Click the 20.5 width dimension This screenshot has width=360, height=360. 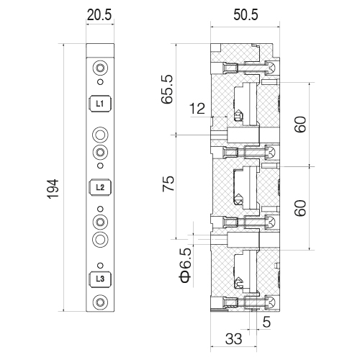click(x=99, y=15)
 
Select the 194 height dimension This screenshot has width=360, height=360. click(x=53, y=189)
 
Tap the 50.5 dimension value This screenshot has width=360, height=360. click(x=246, y=15)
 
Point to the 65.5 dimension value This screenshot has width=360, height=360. click(x=167, y=89)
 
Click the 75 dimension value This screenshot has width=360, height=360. click(x=168, y=184)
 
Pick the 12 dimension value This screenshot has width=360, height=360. click(x=197, y=109)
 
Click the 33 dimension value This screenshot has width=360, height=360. click(x=233, y=339)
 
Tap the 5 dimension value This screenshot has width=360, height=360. click(x=266, y=322)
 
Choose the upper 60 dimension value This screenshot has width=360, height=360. click(x=300, y=124)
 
